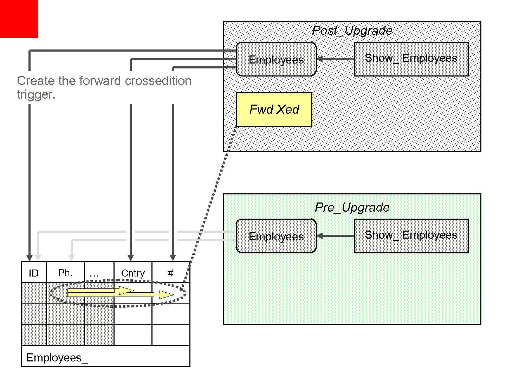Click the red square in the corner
pos(19,18)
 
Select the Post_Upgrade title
pos(352,31)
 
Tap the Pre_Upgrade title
pos(352,207)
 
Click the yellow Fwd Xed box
pos(274,109)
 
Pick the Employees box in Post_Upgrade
pos(276,59)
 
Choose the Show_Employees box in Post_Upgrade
pos(411,59)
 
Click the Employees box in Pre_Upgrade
pos(276,236)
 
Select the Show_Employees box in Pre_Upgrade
pos(411,235)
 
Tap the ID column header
pos(34,273)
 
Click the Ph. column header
pos(65,273)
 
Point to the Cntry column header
pos(133,273)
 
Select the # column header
pos(171,273)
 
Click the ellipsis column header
pos(94,273)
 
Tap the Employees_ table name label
pos(57,358)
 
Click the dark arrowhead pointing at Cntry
pos(131,258)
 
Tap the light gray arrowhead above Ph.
pos(72,258)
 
